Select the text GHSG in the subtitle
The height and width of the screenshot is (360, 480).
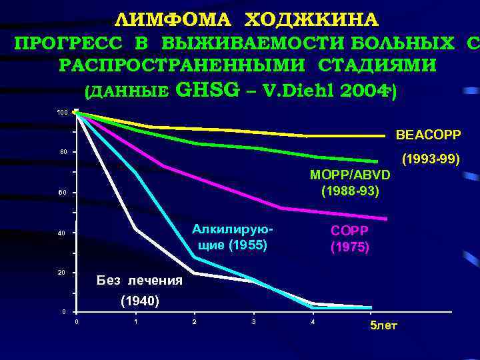[x=207, y=90]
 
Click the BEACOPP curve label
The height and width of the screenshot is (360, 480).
[x=428, y=135]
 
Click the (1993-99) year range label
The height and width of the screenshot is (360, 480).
[x=430, y=160]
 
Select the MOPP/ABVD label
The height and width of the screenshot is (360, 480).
[x=351, y=175]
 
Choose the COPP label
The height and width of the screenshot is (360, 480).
[x=350, y=230]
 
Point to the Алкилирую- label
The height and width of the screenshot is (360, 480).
[x=233, y=229]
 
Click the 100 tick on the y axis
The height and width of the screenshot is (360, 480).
[x=61, y=113]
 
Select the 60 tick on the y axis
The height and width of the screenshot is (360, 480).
[x=62, y=193]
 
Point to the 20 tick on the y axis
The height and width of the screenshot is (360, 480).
[x=62, y=273]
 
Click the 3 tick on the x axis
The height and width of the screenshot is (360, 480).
[x=254, y=323]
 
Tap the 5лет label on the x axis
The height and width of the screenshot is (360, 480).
[x=384, y=325]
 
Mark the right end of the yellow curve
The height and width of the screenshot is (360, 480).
[x=385, y=136]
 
